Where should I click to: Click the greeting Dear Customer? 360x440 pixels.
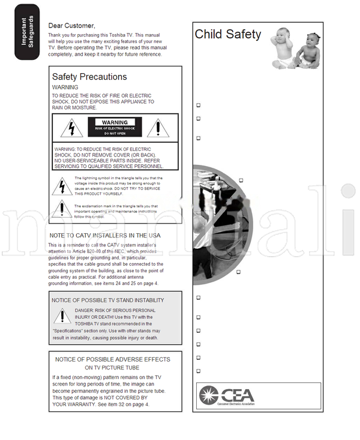coord(71,25)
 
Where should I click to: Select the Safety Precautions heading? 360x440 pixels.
coord(89,77)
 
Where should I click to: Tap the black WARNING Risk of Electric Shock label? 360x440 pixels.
coord(115,127)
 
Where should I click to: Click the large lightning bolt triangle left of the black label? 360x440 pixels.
coord(71,128)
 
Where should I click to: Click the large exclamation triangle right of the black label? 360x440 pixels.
coord(158,128)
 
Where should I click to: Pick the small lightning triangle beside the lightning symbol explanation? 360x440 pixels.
coord(61,186)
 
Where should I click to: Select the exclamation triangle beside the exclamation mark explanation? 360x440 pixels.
coord(61,209)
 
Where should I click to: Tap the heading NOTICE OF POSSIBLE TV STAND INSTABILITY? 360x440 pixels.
coord(107,300)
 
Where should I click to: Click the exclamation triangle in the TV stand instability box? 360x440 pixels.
coord(62,316)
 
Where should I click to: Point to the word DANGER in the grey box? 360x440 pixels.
coord(86,311)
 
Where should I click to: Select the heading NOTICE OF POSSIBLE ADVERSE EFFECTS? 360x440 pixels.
coord(113,360)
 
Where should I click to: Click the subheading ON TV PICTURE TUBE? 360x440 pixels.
coord(112,368)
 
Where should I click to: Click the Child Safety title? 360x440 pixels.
coord(228,34)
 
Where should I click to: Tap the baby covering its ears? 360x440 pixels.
coord(283,48)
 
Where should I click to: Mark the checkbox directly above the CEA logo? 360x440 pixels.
coord(199,371)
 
